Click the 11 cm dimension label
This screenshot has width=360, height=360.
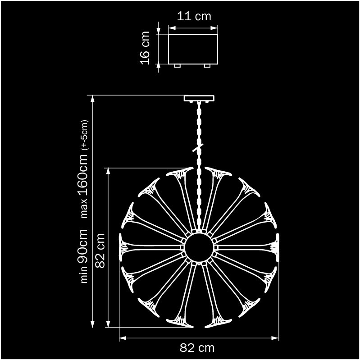(194, 17)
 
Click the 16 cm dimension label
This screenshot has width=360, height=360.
(145, 48)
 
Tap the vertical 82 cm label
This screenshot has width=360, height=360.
(100, 251)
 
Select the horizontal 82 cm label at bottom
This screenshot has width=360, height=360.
(197, 348)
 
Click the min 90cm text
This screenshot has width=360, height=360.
(82, 256)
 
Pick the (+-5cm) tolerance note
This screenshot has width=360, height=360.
(84, 135)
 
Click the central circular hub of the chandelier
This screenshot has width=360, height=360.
(199, 247)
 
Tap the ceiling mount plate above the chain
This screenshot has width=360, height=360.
(199, 99)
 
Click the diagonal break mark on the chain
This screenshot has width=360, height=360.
(198, 148)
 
